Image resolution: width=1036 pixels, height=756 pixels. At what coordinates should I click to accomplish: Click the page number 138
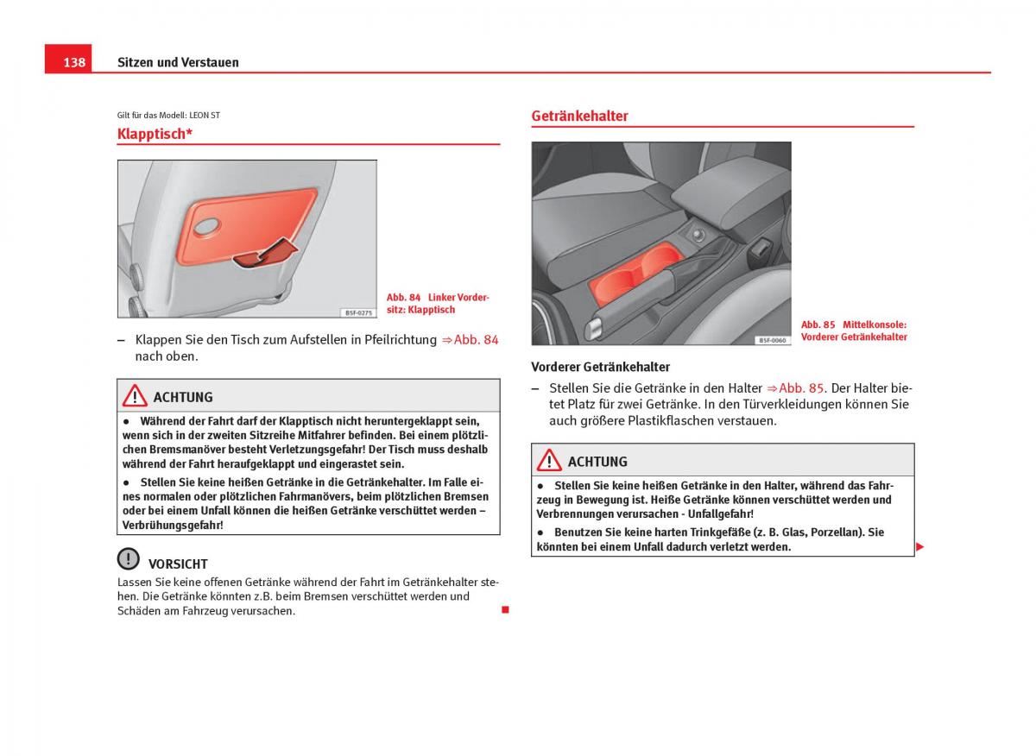coord(74,62)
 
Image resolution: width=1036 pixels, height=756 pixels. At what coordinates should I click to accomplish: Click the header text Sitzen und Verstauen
coord(178,62)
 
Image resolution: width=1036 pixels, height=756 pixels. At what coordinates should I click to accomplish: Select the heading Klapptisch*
coord(155,134)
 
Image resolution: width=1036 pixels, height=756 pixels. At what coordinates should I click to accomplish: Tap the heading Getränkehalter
coord(579,116)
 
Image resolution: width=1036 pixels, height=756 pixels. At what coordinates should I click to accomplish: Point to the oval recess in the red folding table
coord(210,227)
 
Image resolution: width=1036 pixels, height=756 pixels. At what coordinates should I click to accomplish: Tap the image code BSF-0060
coord(772,340)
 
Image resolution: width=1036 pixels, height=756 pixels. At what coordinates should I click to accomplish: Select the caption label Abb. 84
coord(403,298)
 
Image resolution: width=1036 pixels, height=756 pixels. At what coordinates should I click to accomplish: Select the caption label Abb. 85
coord(818,325)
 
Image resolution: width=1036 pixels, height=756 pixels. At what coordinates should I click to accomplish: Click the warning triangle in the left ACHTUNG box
coord(135,396)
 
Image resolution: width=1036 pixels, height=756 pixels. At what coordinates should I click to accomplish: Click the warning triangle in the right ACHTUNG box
coord(549,461)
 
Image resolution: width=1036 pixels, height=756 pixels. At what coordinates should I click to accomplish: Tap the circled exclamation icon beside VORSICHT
coord(129,559)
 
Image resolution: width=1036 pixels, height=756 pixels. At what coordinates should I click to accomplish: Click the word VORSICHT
coord(178,564)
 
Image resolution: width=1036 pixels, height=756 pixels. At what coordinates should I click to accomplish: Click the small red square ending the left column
coord(505,610)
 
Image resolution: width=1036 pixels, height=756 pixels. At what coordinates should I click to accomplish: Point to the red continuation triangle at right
coord(920,547)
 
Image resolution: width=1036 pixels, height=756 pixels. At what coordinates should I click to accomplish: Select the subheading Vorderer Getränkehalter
coord(600,367)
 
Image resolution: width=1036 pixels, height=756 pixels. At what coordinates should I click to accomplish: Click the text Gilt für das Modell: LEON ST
coord(168,115)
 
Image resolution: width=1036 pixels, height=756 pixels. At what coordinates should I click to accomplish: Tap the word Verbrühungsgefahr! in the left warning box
coord(173,525)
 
